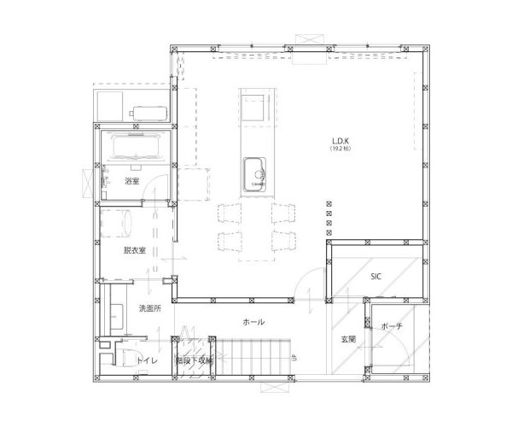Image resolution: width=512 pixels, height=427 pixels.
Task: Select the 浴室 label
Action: click(132, 182)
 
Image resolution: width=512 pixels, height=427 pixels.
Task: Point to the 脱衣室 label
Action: click(134, 250)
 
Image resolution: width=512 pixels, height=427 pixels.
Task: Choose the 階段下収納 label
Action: click(194, 361)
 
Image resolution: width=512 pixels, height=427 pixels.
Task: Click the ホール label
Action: click(253, 322)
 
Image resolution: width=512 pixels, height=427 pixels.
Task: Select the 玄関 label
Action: click(348, 340)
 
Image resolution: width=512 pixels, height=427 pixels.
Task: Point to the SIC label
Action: click(375, 276)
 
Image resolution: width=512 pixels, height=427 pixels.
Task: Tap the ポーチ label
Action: click(392, 327)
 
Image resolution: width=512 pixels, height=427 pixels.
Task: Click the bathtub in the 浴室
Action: click(136, 148)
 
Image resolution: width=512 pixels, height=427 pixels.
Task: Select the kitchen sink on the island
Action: click(256, 174)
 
